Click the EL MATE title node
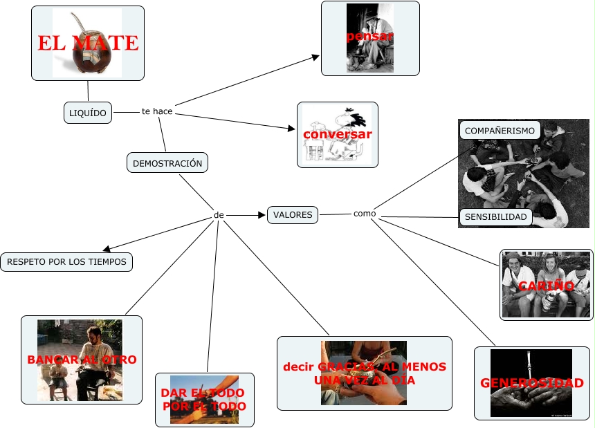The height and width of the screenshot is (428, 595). (x=87, y=43)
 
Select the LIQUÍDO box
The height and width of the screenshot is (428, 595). (x=88, y=113)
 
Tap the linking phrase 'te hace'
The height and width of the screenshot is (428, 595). (x=157, y=111)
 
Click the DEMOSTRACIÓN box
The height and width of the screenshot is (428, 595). (x=167, y=163)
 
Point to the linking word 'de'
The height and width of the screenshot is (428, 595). (x=219, y=215)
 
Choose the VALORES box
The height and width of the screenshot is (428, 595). (x=293, y=215)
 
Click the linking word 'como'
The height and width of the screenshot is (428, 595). (x=365, y=214)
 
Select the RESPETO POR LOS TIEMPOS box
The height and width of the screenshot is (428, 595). (x=66, y=262)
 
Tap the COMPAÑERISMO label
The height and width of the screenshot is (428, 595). (x=500, y=130)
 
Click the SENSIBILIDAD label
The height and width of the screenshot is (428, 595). (x=496, y=217)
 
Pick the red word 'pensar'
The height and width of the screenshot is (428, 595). (x=370, y=36)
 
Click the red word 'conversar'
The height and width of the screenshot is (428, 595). (x=338, y=134)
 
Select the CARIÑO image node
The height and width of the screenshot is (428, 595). (x=547, y=285)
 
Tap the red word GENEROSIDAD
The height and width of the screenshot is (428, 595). (x=532, y=383)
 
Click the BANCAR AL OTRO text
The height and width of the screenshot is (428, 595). (x=82, y=360)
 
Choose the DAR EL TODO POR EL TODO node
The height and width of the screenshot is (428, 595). (x=204, y=400)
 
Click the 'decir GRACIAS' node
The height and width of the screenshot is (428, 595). (x=364, y=373)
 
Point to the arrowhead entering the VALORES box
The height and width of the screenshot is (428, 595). (x=263, y=215)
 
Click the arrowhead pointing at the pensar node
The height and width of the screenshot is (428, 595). (x=315, y=57)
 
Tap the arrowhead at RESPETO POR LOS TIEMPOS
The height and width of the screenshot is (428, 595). (x=105, y=250)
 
